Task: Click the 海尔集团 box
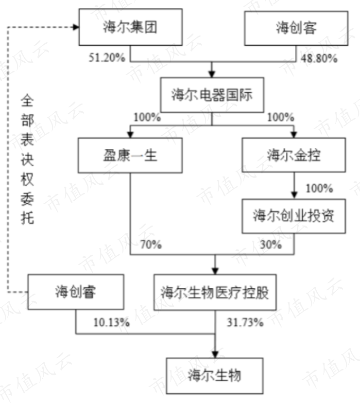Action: point(131,27)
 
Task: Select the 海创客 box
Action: point(296,28)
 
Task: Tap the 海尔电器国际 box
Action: point(212,95)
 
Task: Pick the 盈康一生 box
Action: point(130,156)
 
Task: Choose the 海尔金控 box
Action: point(294,155)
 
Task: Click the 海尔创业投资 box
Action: point(294,216)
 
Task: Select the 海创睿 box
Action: point(76,292)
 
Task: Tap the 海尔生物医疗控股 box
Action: point(215,292)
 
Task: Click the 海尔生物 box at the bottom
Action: point(215,376)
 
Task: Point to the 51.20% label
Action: point(107,58)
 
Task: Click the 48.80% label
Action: point(319,58)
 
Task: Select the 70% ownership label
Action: point(151,245)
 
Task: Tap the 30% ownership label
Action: point(271,245)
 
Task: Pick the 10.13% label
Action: point(112,322)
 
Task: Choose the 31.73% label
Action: point(245,322)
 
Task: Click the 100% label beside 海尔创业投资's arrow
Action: point(319,188)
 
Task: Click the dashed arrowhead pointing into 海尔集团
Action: point(76,27)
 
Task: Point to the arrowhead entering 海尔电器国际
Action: point(212,74)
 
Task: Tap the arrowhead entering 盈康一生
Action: point(130,135)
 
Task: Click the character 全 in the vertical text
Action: point(27,101)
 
